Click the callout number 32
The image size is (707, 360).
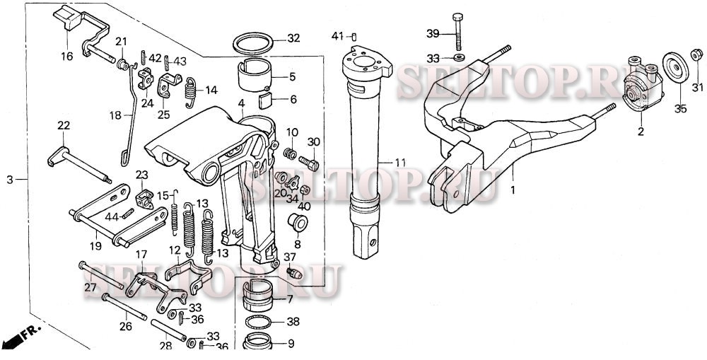coord(293,37)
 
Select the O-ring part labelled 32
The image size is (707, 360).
coord(255,43)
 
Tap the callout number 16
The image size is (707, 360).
coord(67,56)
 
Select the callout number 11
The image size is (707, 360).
coord(401,163)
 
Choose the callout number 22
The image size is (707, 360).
coord(64,125)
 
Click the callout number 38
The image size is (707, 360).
coord(293,321)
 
